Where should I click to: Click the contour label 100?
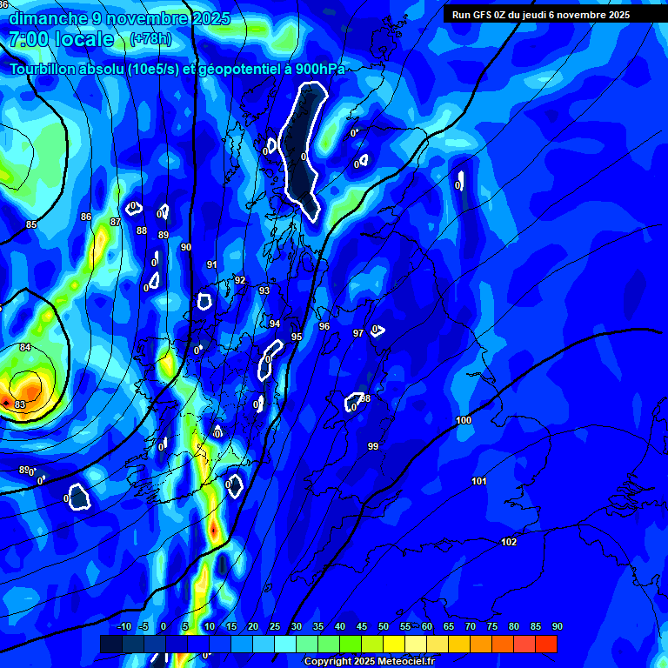coord(464,421)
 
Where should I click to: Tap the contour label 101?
coord(479,482)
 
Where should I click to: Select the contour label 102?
coord(509,543)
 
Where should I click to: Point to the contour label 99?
coord(373,446)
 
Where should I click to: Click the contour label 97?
coord(358,333)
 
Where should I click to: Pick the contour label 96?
coord(324,327)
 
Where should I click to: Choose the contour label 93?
coord(264,291)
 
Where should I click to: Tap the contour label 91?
coord(211,265)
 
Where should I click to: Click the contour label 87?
coord(115,223)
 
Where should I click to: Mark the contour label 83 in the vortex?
coord(20,405)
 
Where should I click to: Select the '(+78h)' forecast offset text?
coord(150,39)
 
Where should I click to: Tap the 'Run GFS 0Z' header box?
coord(553,14)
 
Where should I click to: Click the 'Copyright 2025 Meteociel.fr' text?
coord(369,662)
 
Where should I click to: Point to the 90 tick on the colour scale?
coord(557,627)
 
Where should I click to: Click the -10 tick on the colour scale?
coord(124,627)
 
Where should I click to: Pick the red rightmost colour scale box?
coord(545,644)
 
